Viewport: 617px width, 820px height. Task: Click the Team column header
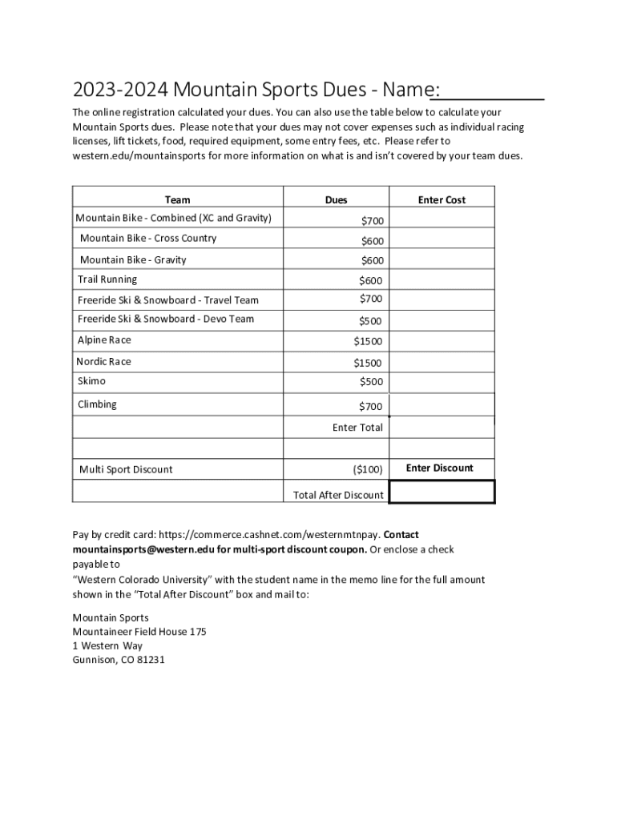pos(177,200)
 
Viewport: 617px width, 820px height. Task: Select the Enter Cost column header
pos(442,200)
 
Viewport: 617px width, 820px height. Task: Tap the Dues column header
pos(336,200)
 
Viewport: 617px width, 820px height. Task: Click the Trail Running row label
pos(107,279)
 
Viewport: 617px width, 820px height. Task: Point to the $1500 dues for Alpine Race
pos(368,342)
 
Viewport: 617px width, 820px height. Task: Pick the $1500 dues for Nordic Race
pos(368,364)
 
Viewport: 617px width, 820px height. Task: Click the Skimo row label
pos(91,381)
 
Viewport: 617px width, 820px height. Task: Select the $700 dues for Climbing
pos(370,407)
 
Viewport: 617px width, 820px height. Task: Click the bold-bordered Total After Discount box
pos(442,492)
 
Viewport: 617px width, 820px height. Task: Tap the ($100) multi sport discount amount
pos(367,469)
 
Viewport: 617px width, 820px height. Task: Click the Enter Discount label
pos(440,468)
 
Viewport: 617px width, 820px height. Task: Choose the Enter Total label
pos(357,428)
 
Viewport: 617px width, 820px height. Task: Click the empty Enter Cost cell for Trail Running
pos(442,279)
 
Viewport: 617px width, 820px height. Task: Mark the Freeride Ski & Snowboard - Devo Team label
pos(166,320)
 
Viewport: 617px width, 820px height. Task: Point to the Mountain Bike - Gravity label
pos(133,260)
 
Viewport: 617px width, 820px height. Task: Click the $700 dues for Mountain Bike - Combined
pos(372,221)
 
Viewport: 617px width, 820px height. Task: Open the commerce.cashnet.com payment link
pos(269,535)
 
